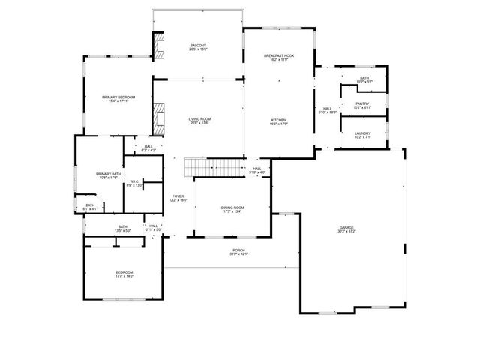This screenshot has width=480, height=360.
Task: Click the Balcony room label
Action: [x=199, y=46]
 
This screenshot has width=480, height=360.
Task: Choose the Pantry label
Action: [x=362, y=104]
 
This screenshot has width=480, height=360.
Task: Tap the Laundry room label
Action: [x=362, y=133]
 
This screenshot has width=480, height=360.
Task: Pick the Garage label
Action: [x=346, y=227]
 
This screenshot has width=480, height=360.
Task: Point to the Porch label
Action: [x=238, y=250]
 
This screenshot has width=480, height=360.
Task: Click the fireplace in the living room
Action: [x=158, y=116]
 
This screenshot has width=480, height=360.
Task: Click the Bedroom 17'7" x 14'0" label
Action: [x=124, y=274]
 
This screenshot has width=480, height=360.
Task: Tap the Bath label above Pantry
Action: [x=364, y=77]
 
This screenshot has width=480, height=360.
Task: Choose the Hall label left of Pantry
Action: [x=328, y=109]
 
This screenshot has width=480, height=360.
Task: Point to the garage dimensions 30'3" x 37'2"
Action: [x=346, y=232]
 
